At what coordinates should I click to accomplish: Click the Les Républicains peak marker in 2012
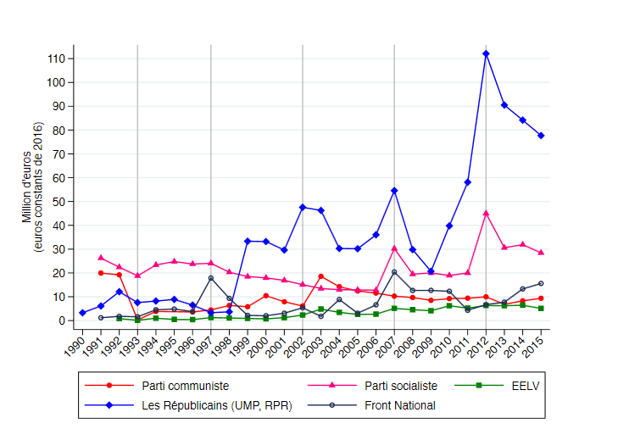(x=486, y=53)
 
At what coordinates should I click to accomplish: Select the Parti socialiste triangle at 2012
(x=486, y=214)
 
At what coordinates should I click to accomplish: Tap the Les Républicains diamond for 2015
(x=541, y=136)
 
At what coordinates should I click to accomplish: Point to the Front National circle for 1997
(x=211, y=278)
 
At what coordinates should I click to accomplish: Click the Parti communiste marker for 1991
(x=101, y=273)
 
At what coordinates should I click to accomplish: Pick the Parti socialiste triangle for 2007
(x=394, y=248)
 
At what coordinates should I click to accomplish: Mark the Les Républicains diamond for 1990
(x=82, y=313)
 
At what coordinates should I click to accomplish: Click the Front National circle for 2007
(x=394, y=272)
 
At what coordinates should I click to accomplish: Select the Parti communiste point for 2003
(x=320, y=276)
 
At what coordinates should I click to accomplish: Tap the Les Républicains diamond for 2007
(x=394, y=191)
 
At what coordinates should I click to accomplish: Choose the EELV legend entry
(x=524, y=386)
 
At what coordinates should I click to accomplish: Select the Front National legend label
(x=399, y=405)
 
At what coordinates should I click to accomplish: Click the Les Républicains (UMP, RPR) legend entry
(x=216, y=405)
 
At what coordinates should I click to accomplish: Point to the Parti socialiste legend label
(x=401, y=386)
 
